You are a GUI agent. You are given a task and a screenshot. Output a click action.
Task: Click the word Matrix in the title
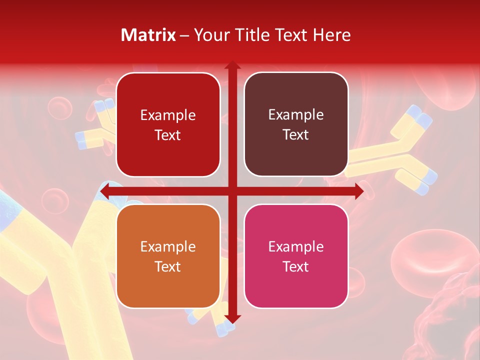(x=148, y=35)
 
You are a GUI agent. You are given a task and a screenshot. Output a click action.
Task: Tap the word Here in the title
(x=331, y=35)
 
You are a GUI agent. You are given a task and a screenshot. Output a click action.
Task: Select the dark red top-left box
(x=168, y=124)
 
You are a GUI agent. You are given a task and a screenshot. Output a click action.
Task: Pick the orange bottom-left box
(x=168, y=256)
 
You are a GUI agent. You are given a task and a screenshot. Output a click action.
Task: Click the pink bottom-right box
(x=296, y=256)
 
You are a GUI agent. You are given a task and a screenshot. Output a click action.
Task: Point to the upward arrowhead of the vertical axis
(x=232, y=65)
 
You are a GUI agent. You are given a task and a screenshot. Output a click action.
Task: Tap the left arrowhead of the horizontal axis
(x=104, y=191)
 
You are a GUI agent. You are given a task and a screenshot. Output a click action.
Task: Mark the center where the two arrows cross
(x=232, y=191)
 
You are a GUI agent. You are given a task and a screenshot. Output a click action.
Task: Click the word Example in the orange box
(x=168, y=246)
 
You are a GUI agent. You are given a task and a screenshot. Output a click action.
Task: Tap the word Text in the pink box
(x=296, y=266)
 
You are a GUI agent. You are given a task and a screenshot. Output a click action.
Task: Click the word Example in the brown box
(x=296, y=114)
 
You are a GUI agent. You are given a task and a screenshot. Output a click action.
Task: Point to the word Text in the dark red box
(x=168, y=135)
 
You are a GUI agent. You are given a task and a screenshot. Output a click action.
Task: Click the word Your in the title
(x=210, y=35)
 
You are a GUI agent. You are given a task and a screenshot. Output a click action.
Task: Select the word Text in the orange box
(x=168, y=266)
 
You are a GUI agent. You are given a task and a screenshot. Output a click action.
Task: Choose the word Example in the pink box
(x=296, y=246)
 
